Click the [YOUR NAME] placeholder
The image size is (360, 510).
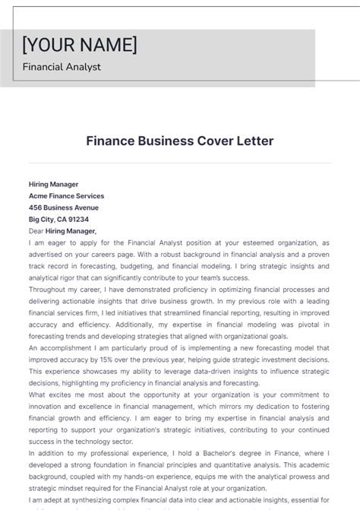click(80, 45)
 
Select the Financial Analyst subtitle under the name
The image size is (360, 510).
click(62, 67)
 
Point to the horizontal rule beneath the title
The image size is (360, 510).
click(180, 162)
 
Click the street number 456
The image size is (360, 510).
click(35, 207)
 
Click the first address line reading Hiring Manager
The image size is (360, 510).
click(53, 184)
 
